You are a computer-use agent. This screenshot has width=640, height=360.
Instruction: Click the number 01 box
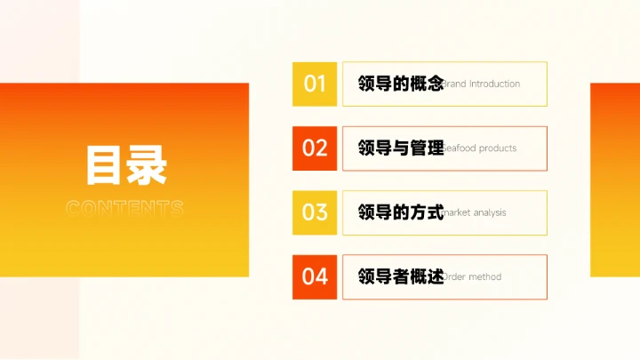[x=315, y=84]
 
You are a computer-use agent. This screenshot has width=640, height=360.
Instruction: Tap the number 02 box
[x=315, y=148]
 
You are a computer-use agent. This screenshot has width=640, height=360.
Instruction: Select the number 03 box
[x=315, y=212]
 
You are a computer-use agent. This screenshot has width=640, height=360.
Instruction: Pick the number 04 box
[x=315, y=276]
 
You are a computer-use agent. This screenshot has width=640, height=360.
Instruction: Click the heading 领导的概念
[x=401, y=84]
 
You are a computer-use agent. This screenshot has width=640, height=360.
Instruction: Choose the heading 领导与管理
[x=401, y=148]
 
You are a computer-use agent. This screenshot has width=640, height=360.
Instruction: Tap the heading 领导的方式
[x=401, y=212]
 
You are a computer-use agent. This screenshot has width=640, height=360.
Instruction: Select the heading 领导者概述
[x=401, y=276]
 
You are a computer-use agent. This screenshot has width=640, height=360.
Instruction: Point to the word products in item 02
[x=498, y=148]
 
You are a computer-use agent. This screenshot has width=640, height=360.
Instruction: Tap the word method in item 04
[x=485, y=276]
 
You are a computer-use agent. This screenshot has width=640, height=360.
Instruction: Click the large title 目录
[x=125, y=166]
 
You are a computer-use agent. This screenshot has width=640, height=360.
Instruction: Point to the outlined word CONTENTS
[x=125, y=209]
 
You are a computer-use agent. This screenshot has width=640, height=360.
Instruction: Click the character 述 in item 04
[x=434, y=276]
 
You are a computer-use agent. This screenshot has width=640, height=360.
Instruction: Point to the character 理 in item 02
[x=434, y=148]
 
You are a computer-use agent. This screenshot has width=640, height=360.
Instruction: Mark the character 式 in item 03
[x=434, y=212]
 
